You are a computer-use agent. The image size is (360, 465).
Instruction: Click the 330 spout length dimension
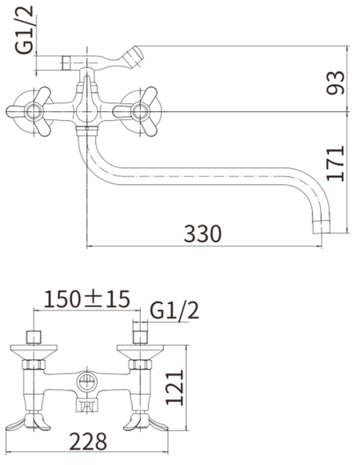202,234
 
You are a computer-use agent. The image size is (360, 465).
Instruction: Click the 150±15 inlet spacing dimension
86,299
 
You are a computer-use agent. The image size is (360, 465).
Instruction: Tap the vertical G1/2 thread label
26,29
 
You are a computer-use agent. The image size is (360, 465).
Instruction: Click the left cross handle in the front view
29,109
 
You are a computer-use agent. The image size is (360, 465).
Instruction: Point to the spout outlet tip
322,222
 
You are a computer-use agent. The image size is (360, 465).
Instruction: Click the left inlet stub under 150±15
34,335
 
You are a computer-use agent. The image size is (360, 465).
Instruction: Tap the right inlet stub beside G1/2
140,335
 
